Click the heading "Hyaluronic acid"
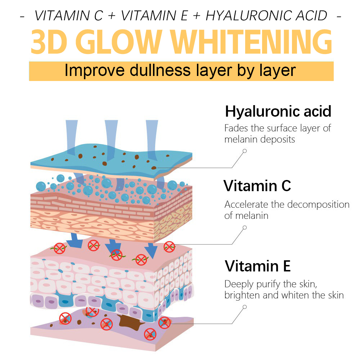pos(278,111)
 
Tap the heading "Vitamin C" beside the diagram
pos(257,186)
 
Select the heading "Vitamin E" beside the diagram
pos(257,266)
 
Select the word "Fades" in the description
pos(236,128)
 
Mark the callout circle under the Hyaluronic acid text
pos(245,151)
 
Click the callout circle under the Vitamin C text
pos(245,228)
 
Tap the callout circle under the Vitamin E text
pos(245,307)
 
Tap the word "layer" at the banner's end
pos(278,71)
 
